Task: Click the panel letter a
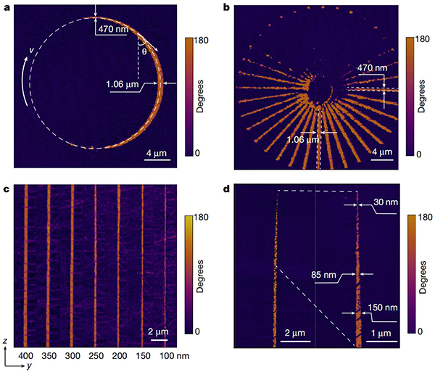pyautogui.click(x=7, y=7)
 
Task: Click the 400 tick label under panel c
pyautogui.click(x=26, y=357)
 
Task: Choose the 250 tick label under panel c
pyautogui.click(x=96, y=357)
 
